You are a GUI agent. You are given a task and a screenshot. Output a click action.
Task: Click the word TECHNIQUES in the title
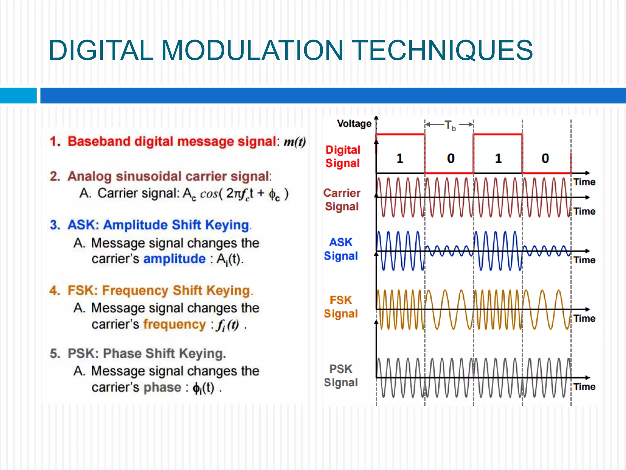click(444, 50)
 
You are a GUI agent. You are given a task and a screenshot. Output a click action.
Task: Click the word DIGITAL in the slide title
click(101, 50)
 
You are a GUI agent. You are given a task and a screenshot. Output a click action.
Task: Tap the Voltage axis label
click(354, 124)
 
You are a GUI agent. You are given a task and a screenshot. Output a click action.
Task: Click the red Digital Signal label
click(343, 156)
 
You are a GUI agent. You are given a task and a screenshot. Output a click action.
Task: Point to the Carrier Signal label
click(342, 200)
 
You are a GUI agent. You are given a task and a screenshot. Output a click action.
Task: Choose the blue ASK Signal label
click(341, 249)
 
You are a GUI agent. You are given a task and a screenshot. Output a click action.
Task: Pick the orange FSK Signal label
click(341, 307)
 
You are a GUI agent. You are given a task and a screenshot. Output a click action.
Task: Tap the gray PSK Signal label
click(341, 375)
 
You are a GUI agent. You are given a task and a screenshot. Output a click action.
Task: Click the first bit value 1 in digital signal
click(400, 158)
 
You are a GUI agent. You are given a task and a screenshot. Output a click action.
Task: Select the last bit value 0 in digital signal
click(545, 158)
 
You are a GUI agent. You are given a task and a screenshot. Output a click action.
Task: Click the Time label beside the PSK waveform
click(584, 386)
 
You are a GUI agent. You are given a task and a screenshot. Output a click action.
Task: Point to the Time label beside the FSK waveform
click(584, 318)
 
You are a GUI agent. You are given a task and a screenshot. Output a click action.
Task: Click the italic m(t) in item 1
click(295, 142)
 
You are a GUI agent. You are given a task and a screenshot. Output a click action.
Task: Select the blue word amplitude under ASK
click(175, 259)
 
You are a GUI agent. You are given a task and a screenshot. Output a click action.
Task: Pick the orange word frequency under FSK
click(175, 324)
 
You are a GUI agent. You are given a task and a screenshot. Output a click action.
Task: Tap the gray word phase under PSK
click(162, 387)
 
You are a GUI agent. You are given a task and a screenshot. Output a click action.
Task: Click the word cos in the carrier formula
click(209, 194)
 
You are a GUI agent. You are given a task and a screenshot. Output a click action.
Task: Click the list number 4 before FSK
click(54, 290)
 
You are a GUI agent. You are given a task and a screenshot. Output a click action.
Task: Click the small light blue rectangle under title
click(18, 96)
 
